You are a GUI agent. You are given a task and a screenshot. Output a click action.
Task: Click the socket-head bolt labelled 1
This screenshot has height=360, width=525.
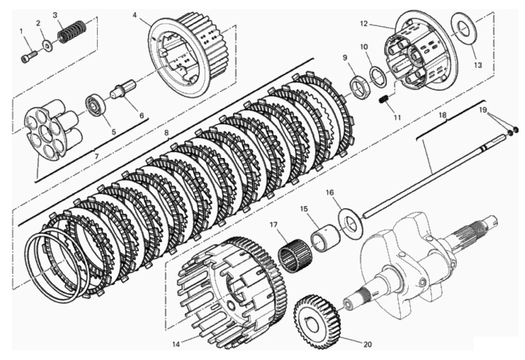point(29,56)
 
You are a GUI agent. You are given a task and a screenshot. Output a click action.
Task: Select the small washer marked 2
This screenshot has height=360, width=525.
point(48,46)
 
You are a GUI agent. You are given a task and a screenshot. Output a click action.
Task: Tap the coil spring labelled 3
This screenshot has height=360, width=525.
point(72,32)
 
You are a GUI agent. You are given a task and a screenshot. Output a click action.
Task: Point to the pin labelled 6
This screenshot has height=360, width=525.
point(123,90)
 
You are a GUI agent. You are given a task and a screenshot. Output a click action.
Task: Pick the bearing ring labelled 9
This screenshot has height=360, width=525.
point(360,86)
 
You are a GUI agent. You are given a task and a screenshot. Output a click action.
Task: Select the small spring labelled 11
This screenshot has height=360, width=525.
point(384,103)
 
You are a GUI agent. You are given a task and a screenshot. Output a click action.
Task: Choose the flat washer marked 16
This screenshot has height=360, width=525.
point(351,224)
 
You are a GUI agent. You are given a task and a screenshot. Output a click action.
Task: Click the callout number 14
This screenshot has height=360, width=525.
point(176,344)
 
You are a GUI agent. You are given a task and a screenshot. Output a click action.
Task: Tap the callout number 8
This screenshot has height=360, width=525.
point(166,133)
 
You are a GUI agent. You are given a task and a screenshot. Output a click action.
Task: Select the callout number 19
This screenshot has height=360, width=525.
point(483,110)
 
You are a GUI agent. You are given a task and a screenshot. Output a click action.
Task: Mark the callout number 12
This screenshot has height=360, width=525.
point(364,24)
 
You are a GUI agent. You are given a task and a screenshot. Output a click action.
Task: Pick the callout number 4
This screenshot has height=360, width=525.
point(134,15)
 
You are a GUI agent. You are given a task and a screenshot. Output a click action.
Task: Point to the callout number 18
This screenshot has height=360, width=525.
point(443,115)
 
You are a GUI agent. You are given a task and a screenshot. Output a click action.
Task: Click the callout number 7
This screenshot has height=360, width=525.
point(97,157)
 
